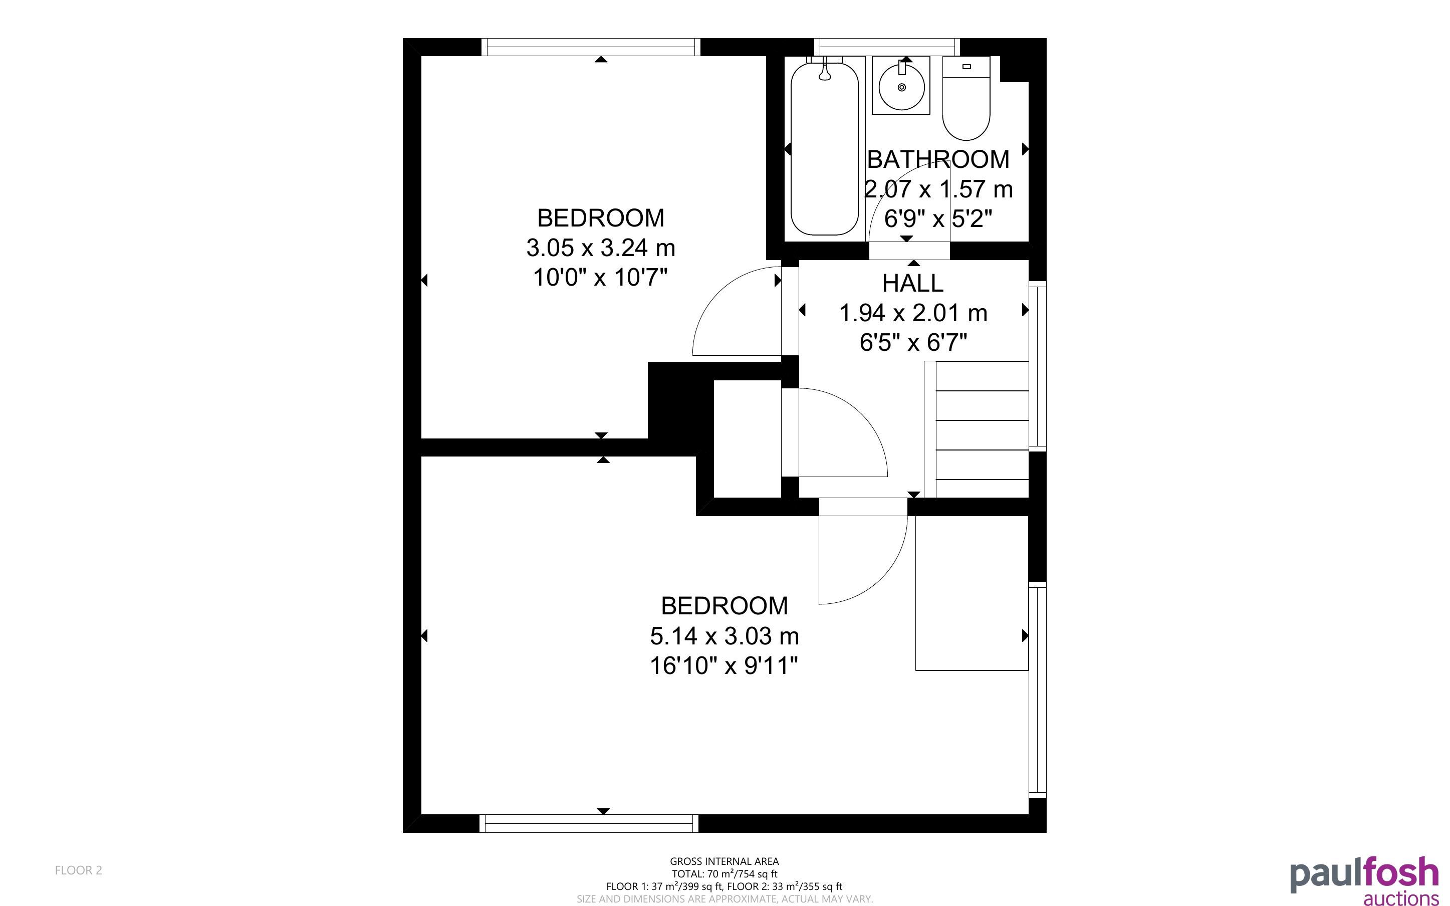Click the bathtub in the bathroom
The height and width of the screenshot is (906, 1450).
[x=824, y=146]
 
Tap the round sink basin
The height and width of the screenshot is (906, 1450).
[x=901, y=87]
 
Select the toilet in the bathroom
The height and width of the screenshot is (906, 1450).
[x=966, y=98]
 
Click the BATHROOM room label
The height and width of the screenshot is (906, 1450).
[x=938, y=159]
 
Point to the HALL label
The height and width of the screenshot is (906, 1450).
[x=913, y=283]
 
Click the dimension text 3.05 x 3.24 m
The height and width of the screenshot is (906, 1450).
[x=601, y=248]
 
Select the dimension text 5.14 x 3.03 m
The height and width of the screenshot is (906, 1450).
[x=724, y=636]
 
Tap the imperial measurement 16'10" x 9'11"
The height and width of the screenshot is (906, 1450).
[x=724, y=665]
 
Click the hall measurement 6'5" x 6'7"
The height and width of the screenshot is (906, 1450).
[x=913, y=343]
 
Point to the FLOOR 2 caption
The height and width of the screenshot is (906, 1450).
[x=79, y=870]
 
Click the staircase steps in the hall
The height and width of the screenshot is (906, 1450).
[x=977, y=429]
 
